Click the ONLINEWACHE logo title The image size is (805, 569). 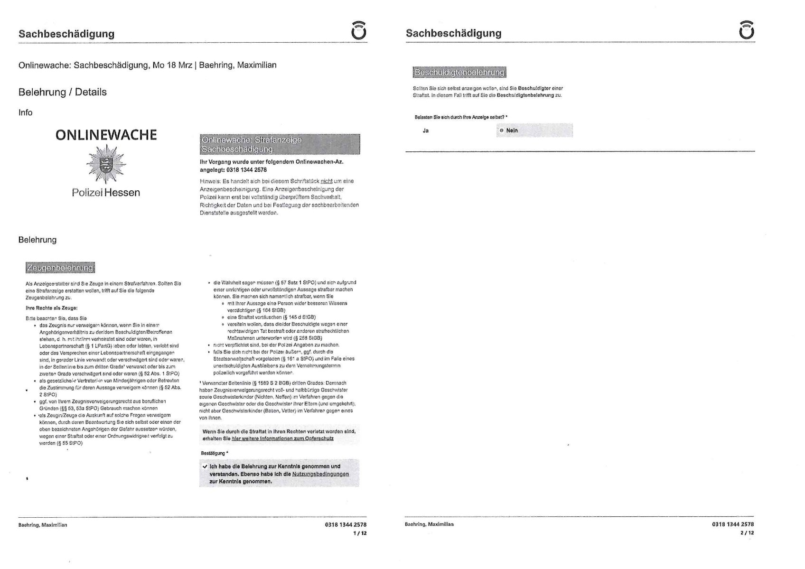pos(106,135)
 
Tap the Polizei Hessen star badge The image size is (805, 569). pos(106,164)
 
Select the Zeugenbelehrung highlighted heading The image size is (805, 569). pos(60,268)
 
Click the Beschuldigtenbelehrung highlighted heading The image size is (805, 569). pos(459,73)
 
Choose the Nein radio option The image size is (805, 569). pos(502,131)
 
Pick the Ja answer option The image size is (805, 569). pos(426,131)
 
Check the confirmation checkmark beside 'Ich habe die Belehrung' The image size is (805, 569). pos(205,466)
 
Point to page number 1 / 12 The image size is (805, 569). pos(360,533)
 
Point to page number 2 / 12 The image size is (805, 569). pos(747,533)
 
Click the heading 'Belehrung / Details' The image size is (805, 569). pos(63,92)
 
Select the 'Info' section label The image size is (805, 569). pos(26,112)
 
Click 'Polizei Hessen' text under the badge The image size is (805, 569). pos(106,193)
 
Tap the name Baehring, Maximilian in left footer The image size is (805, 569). pos(43,525)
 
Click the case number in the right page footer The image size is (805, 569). pos(733,524)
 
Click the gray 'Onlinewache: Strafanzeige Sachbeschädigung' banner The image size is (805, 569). pos(280,144)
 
